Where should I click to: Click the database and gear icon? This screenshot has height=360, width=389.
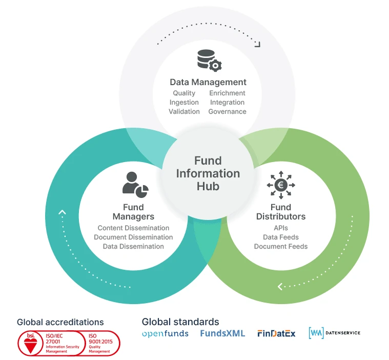click(209, 60)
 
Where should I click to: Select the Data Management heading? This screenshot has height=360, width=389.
click(208, 82)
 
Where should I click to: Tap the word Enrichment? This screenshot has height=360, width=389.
click(227, 93)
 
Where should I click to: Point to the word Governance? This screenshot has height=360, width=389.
click(227, 112)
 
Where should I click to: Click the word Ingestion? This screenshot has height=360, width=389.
click(184, 103)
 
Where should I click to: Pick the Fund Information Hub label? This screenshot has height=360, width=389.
click(208, 173)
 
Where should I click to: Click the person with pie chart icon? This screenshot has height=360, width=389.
click(135, 183)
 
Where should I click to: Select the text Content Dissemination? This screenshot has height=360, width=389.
click(133, 228)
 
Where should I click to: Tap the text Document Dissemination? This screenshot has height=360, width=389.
click(133, 237)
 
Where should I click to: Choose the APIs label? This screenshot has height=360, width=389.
click(281, 228)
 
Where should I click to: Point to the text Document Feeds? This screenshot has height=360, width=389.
click(281, 247)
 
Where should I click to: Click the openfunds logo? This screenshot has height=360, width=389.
click(165, 334)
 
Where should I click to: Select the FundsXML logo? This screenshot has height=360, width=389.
click(222, 334)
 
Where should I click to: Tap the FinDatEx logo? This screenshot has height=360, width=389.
click(276, 334)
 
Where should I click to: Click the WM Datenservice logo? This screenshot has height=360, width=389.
click(334, 333)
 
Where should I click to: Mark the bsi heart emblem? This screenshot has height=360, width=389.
click(31, 343)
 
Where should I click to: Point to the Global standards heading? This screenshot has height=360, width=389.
click(180, 322)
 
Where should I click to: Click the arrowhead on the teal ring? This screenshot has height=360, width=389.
click(62, 212)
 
